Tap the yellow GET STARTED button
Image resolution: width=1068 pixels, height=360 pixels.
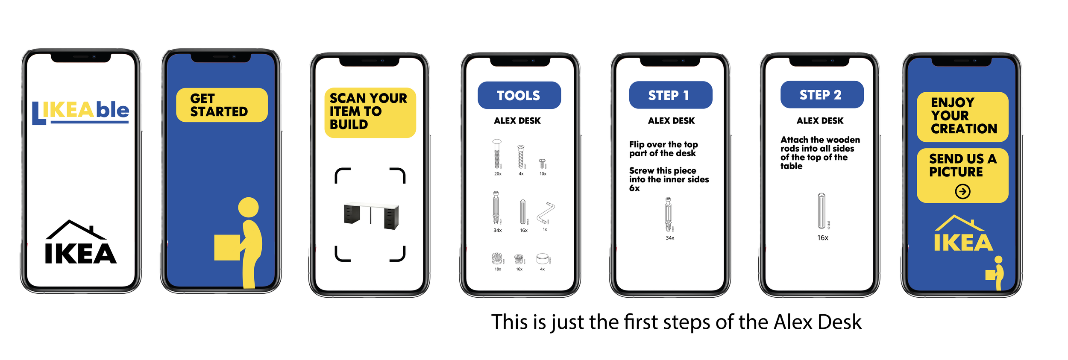pyautogui.click(x=221, y=105)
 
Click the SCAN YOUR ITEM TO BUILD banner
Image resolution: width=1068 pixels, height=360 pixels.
pyautogui.click(x=370, y=112)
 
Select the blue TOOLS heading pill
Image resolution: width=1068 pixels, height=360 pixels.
pyautogui.click(x=519, y=95)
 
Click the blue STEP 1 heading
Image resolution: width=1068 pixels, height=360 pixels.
pyautogui.click(x=670, y=95)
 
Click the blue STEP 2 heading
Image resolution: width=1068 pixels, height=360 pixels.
pyautogui.click(x=821, y=95)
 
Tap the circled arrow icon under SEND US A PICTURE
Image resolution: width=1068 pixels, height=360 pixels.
pyautogui.click(x=962, y=191)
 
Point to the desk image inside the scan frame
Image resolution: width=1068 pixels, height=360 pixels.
pyautogui.click(x=371, y=215)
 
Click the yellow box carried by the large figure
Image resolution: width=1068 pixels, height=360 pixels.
pyautogui.click(x=226, y=247)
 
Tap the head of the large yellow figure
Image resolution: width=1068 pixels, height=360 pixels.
pyautogui.click(x=248, y=207)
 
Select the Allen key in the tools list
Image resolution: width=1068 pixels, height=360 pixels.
pyautogui.click(x=546, y=213)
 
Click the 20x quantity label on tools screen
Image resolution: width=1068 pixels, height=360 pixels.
pyautogui.click(x=498, y=174)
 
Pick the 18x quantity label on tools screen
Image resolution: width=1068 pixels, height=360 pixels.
pyautogui.click(x=498, y=269)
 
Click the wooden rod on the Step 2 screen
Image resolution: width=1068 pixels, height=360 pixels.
pyautogui.click(x=821, y=211)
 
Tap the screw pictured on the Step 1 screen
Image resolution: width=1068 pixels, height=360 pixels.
pyautogui.click(x=668, y=214)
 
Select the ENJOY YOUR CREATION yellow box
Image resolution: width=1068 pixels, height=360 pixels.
pyautogui.click(x=962, y=116)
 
